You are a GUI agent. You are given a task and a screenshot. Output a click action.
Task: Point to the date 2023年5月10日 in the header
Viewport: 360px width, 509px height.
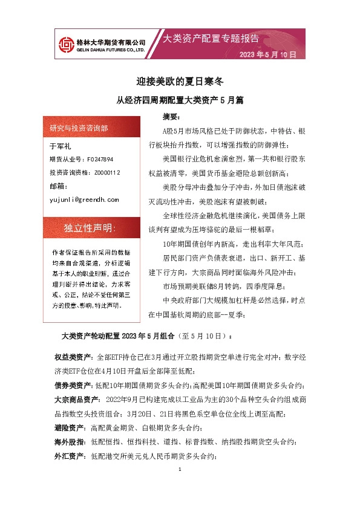267,54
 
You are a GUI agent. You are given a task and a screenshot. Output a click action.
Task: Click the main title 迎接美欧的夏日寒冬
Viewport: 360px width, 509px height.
179,80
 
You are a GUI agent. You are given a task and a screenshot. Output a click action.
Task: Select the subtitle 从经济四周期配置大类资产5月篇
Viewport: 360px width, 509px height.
179,99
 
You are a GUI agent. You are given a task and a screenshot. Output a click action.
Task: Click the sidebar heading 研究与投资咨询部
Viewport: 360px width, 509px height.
79,128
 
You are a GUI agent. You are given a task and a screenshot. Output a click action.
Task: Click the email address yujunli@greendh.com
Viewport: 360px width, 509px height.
83,199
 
